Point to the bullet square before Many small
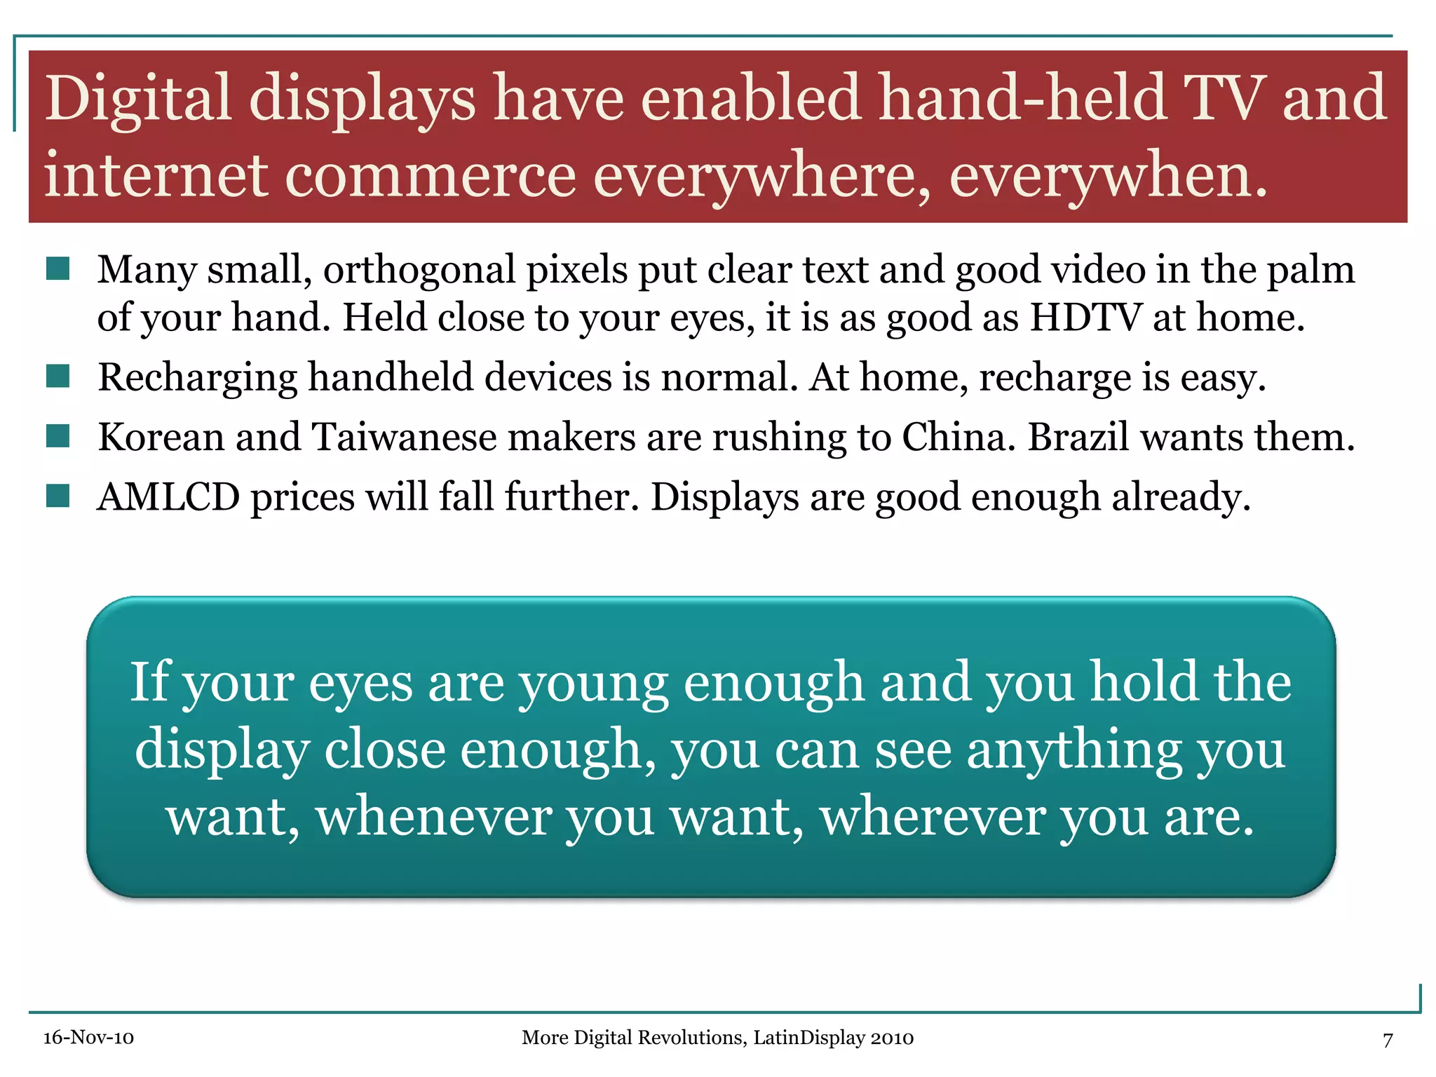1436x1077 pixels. click(x=57, y=269)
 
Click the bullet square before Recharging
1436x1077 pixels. click(x=57, y=377)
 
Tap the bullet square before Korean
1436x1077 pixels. click(x=57, y=436)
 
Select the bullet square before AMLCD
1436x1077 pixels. click(x=57, y=496)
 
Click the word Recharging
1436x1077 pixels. click(x=198, y=379)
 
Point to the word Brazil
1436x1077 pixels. click(x=1078, y=437)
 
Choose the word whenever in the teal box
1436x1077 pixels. click(x=433, y=817)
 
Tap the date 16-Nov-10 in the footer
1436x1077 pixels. click(x=88, y=1038)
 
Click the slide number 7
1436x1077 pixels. click(x=1388, y=1039)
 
